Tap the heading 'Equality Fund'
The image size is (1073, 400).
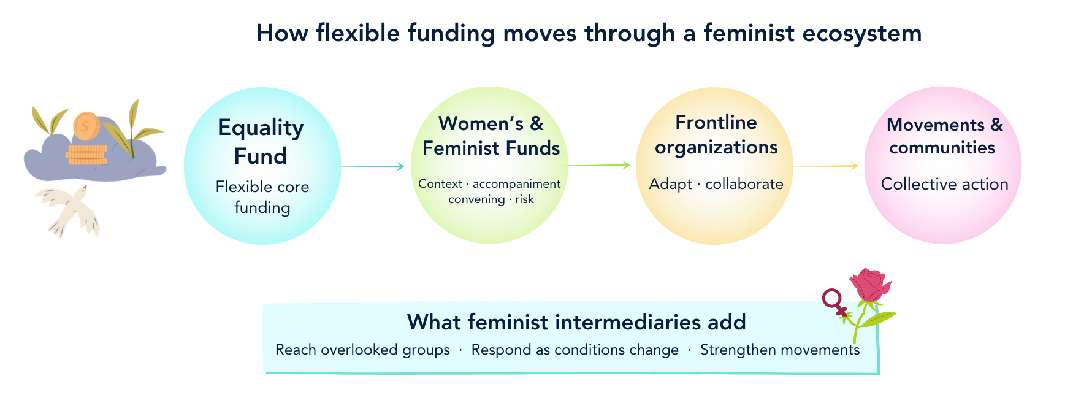tap(261, 142)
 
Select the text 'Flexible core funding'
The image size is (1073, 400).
tap(262, 197)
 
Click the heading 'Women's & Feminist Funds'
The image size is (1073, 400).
tap(491, 136)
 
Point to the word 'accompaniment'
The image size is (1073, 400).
tap(516, 183)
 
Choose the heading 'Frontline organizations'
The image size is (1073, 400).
tap(716, 135)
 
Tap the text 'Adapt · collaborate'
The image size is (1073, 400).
tap(716, 184)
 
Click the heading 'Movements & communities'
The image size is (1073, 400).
tap(944, 136)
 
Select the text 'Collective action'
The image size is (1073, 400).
tap(944, 184)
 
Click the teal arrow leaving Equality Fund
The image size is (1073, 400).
tap(373, 166)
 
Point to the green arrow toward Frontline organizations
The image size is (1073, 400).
tap(599, 165)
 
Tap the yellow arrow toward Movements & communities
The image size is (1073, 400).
tap(826, 166)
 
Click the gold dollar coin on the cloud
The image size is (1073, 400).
tap(86, 126)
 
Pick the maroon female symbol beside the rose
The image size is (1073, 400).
tap(836, 303)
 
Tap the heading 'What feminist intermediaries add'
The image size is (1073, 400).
tap(576, 322)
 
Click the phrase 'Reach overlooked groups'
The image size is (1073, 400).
tap(362, 350)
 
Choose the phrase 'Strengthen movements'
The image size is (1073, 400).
tap(780, 350)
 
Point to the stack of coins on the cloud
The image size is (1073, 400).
tap(87, 155)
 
